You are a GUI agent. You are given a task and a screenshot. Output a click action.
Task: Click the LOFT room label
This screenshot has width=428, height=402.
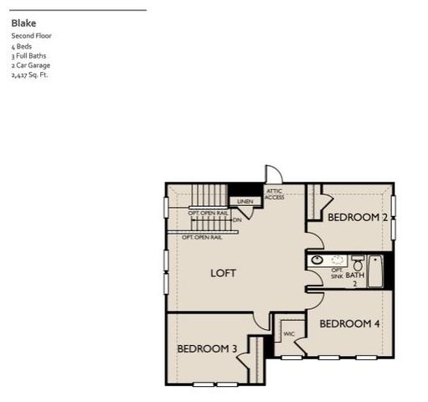[223, 273]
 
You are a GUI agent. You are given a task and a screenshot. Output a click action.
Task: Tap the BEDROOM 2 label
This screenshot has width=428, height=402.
[358, 218]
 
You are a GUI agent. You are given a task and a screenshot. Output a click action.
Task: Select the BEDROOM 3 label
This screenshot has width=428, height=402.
[207, 348]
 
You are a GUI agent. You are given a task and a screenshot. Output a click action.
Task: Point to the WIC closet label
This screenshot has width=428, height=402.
[289, 334]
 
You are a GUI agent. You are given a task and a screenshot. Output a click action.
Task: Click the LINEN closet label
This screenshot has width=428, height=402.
[245, 202]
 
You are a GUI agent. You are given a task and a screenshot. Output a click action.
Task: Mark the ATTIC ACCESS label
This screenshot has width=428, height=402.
[275, 194]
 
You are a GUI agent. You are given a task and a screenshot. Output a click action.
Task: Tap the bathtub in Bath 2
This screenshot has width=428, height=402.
[376, 271]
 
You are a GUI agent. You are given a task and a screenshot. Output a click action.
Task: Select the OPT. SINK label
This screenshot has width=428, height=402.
[337, 273]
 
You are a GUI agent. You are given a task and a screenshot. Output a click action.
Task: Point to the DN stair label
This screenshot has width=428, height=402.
[237, 219]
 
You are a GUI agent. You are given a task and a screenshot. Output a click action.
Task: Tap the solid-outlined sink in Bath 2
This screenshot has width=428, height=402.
[317, 260]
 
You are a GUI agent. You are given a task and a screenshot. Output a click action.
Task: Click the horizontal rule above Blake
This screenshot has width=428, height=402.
[79, 10]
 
